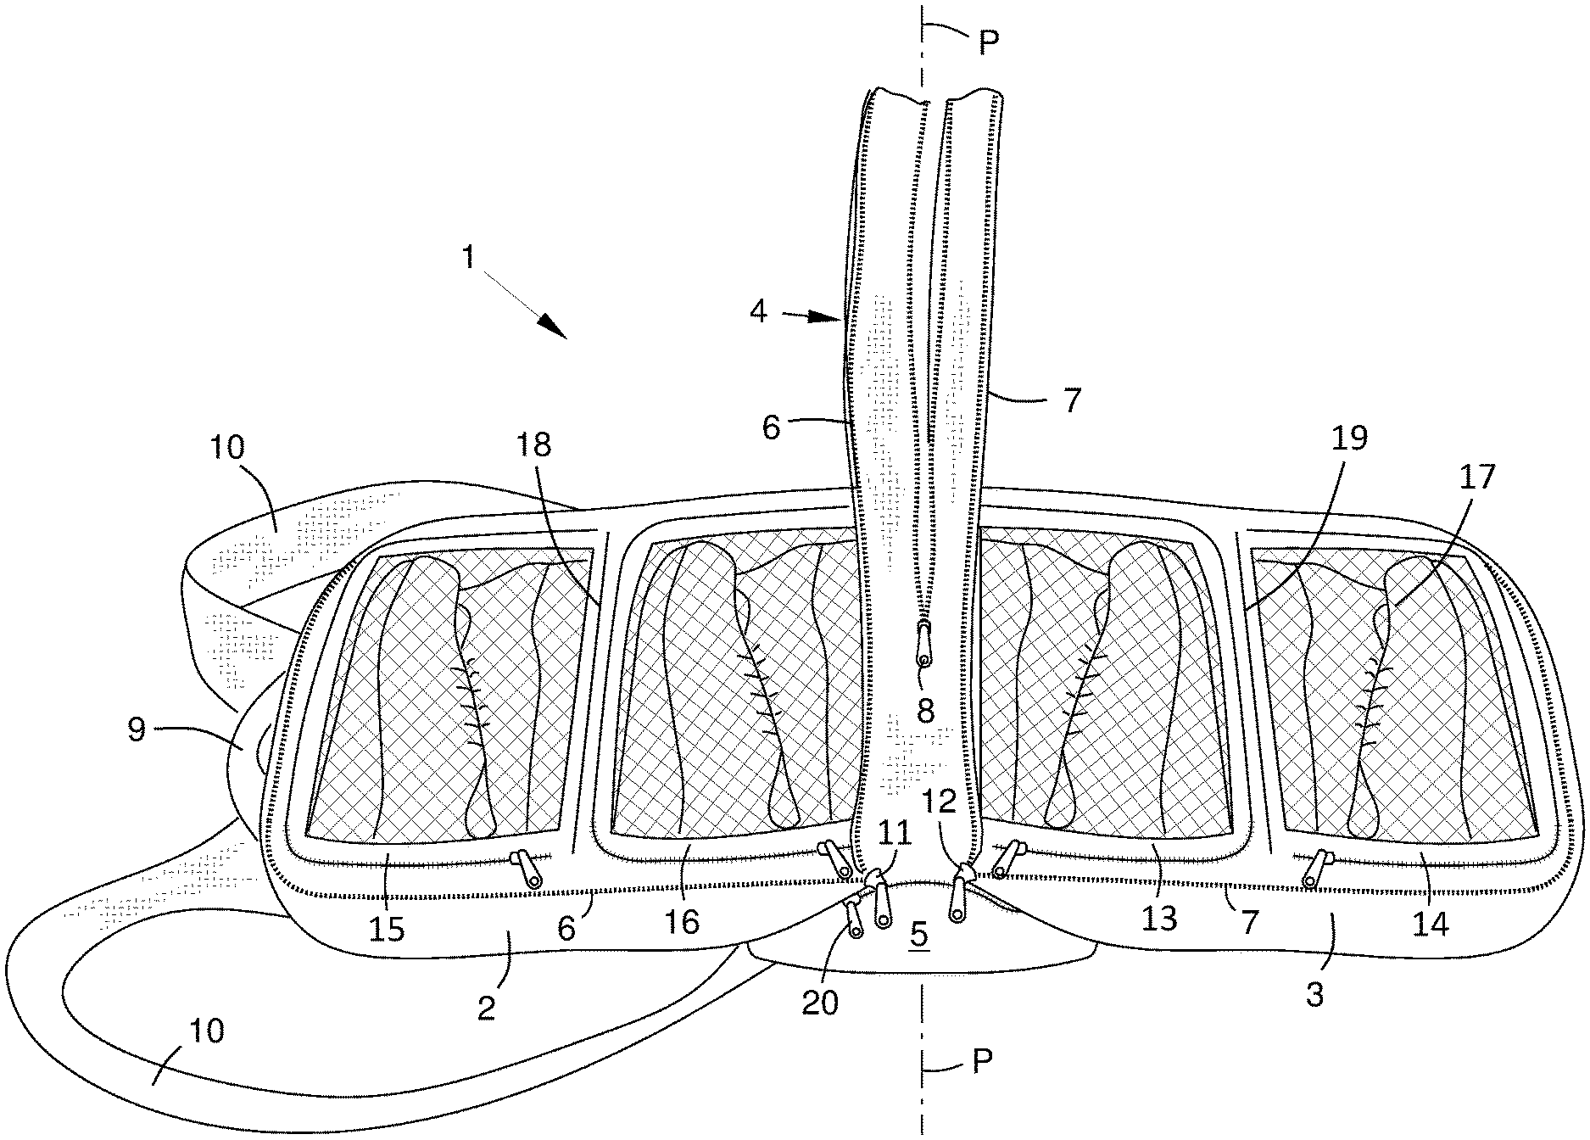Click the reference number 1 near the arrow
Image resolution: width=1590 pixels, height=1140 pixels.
[x=469, y=256]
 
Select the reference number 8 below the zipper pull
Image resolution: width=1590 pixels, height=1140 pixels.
[x=925, y=711]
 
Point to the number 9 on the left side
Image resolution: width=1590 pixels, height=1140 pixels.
[x=137, y=729]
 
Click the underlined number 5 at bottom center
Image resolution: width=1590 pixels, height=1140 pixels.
[x=918, y=934]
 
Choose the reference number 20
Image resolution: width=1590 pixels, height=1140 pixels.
[x=820, y=1002]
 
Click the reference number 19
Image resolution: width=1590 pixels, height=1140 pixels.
[x=1348, y=439]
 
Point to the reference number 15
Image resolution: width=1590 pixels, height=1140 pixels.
[x=387, y=930]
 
